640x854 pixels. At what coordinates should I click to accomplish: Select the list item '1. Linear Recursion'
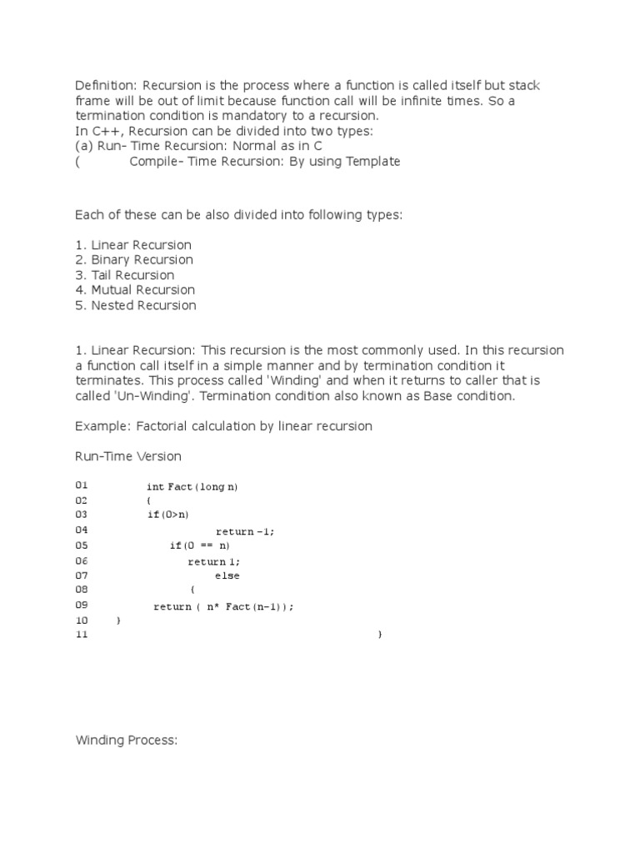point(133,245)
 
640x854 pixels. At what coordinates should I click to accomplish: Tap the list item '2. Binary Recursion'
point(134,260)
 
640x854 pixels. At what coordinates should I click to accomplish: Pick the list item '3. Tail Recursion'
point(125,275)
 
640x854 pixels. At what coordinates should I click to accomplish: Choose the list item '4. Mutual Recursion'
point(135,290)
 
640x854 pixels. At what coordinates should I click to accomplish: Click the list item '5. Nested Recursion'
point(136,305)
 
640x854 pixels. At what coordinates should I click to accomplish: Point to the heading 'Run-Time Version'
point(128,456)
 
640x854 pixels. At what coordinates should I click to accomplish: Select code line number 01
point(81,485)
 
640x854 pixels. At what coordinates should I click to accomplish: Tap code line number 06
point(81,560)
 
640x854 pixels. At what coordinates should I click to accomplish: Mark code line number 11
point(81,635)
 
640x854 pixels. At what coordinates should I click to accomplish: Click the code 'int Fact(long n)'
point(197,486)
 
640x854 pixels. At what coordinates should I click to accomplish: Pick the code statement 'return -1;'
point(245,531)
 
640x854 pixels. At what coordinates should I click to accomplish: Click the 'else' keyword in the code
point(227,576)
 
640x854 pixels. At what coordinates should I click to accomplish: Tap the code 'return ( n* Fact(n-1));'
point(224,606)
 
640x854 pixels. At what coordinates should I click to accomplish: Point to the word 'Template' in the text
point(372,162)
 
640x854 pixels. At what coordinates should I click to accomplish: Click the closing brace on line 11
point(380,635)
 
